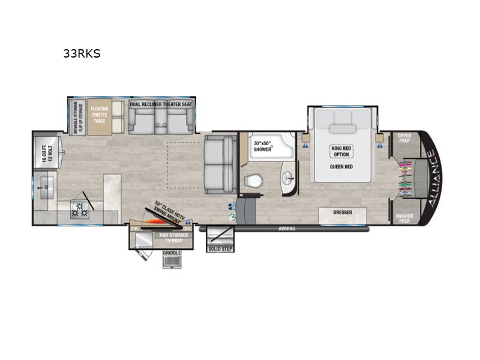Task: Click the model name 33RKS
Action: [82, 53]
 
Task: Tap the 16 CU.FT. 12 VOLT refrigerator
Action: [47, 151]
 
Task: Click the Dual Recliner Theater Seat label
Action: [161, 104]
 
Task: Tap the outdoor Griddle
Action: [172, 259]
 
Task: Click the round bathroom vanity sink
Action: [289, 178]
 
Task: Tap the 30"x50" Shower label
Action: [262, 146]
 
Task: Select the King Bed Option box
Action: [341, 151]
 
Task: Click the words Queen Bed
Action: [341, 167]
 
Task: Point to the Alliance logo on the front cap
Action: [433, 178]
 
